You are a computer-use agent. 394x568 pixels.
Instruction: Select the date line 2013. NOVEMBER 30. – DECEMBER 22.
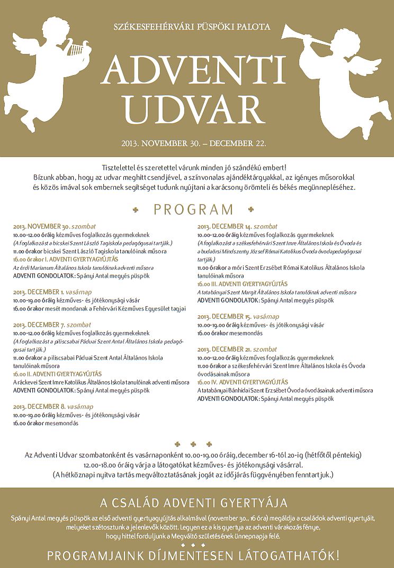tap(193, 143)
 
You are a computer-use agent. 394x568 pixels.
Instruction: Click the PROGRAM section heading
tap(193, 209)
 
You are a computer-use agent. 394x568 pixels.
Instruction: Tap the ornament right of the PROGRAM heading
tap(251, 210)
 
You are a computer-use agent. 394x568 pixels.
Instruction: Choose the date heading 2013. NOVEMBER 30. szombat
tap(55, 226)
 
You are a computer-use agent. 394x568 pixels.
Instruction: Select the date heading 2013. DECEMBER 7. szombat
tap(52, 324)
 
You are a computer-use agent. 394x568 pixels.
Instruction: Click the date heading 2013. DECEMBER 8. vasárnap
tap(53, 407)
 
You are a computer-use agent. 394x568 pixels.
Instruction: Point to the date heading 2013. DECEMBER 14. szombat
tap(237, 226)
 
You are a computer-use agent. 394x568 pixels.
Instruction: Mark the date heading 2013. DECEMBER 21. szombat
tap(237, 349)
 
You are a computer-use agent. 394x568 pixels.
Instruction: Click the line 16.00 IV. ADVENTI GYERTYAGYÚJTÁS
tap(243, 382)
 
